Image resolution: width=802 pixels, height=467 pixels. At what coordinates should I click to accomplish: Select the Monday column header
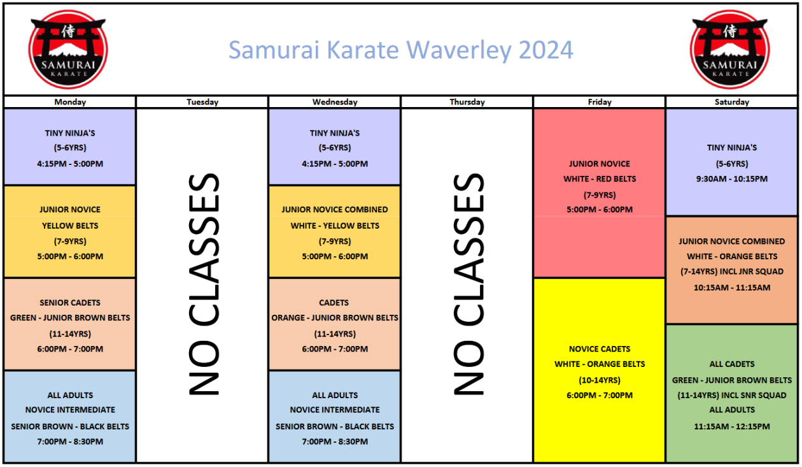coord(70,102)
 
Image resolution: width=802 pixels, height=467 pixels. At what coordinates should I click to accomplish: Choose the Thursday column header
coord(467,102)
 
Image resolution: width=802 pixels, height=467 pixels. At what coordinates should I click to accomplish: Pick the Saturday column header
coord(732,102)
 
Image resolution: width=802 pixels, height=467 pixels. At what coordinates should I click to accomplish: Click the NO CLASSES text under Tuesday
coord(204,284)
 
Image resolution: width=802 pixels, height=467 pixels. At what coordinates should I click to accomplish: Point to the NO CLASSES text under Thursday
coord(468,284)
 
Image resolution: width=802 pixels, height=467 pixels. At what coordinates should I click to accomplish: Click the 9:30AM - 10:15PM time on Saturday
coord(732,179)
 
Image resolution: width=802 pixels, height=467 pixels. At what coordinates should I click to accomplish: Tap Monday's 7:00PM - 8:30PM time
coord(70,442)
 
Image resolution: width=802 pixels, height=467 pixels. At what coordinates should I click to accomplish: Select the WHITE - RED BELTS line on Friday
coord(600,179)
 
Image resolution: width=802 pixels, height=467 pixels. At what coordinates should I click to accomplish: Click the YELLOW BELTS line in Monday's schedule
coord(70,226)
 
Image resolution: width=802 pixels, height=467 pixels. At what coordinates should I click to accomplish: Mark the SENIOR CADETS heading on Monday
coord(70,303)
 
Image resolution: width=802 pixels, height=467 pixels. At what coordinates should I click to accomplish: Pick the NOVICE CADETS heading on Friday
coord(600,349)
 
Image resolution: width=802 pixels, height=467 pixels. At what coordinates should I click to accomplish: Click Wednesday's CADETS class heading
coord(335,303)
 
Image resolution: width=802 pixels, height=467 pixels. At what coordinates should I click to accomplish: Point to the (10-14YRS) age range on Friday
coord(600,380)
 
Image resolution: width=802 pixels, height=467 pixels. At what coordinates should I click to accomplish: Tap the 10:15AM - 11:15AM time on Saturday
coord(732,287)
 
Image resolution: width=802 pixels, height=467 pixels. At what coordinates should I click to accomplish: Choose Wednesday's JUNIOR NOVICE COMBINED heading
coord(335,210)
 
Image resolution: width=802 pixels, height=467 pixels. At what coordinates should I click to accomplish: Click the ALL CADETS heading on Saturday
coord(732,364)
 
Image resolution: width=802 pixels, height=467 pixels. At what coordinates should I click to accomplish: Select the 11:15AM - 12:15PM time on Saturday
coord(732,426)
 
